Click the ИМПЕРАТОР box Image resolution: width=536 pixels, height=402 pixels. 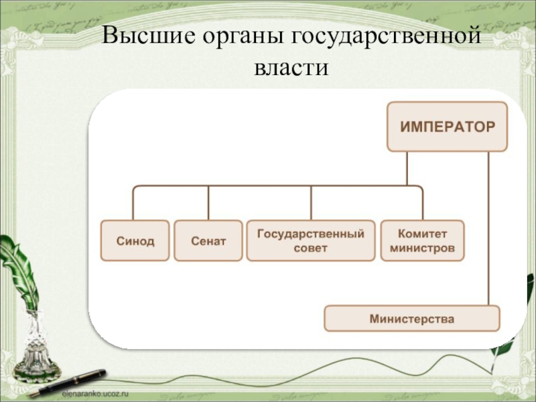(447, 126)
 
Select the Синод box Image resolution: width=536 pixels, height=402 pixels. (135, 241)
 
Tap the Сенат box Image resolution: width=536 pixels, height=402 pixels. (208, 241)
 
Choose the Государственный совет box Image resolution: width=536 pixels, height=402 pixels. (311, 241)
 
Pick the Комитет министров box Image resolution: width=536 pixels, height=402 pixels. (422, 241)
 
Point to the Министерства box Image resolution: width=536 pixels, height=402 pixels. (411, 319)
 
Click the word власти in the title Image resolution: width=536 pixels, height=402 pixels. (291, 68)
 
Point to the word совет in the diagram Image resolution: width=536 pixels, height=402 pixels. (311, 248)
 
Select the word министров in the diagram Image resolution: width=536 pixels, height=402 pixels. (422, 248)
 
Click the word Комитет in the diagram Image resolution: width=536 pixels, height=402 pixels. (422, 234)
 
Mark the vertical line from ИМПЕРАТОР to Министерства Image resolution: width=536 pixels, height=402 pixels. (488, 228)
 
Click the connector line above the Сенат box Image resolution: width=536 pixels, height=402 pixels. (208, 202)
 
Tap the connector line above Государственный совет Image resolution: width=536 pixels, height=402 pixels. (311, 202)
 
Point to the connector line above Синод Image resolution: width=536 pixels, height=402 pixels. (133, 202)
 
